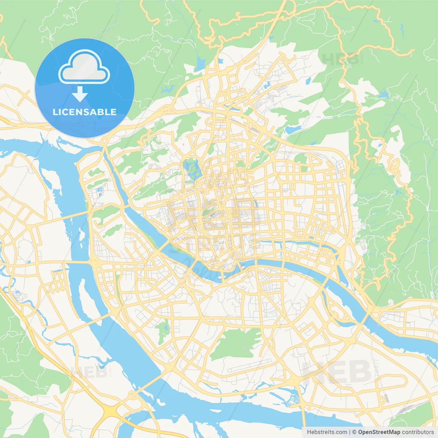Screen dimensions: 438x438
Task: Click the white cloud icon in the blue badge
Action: [84, 67]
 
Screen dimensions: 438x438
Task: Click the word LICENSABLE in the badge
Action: [85, 112]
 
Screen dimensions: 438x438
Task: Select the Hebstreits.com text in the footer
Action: [327, 432]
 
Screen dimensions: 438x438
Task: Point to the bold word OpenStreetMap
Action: [379, 432]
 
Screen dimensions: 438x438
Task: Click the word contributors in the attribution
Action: [418, 432]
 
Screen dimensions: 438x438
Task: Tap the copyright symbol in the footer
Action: [355, 432]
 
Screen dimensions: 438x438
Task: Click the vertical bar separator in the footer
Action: [350, 432]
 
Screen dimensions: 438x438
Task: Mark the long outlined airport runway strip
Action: [249, 365]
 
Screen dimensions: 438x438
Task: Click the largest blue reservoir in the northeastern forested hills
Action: [383, 94]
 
